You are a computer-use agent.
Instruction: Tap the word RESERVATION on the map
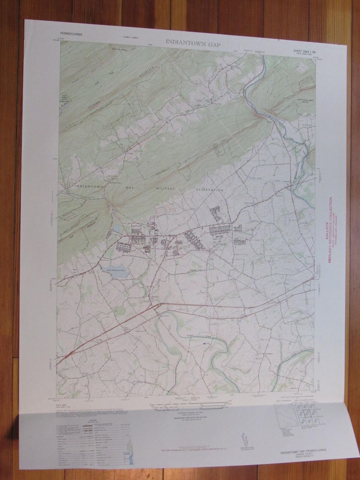coord(210,190)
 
